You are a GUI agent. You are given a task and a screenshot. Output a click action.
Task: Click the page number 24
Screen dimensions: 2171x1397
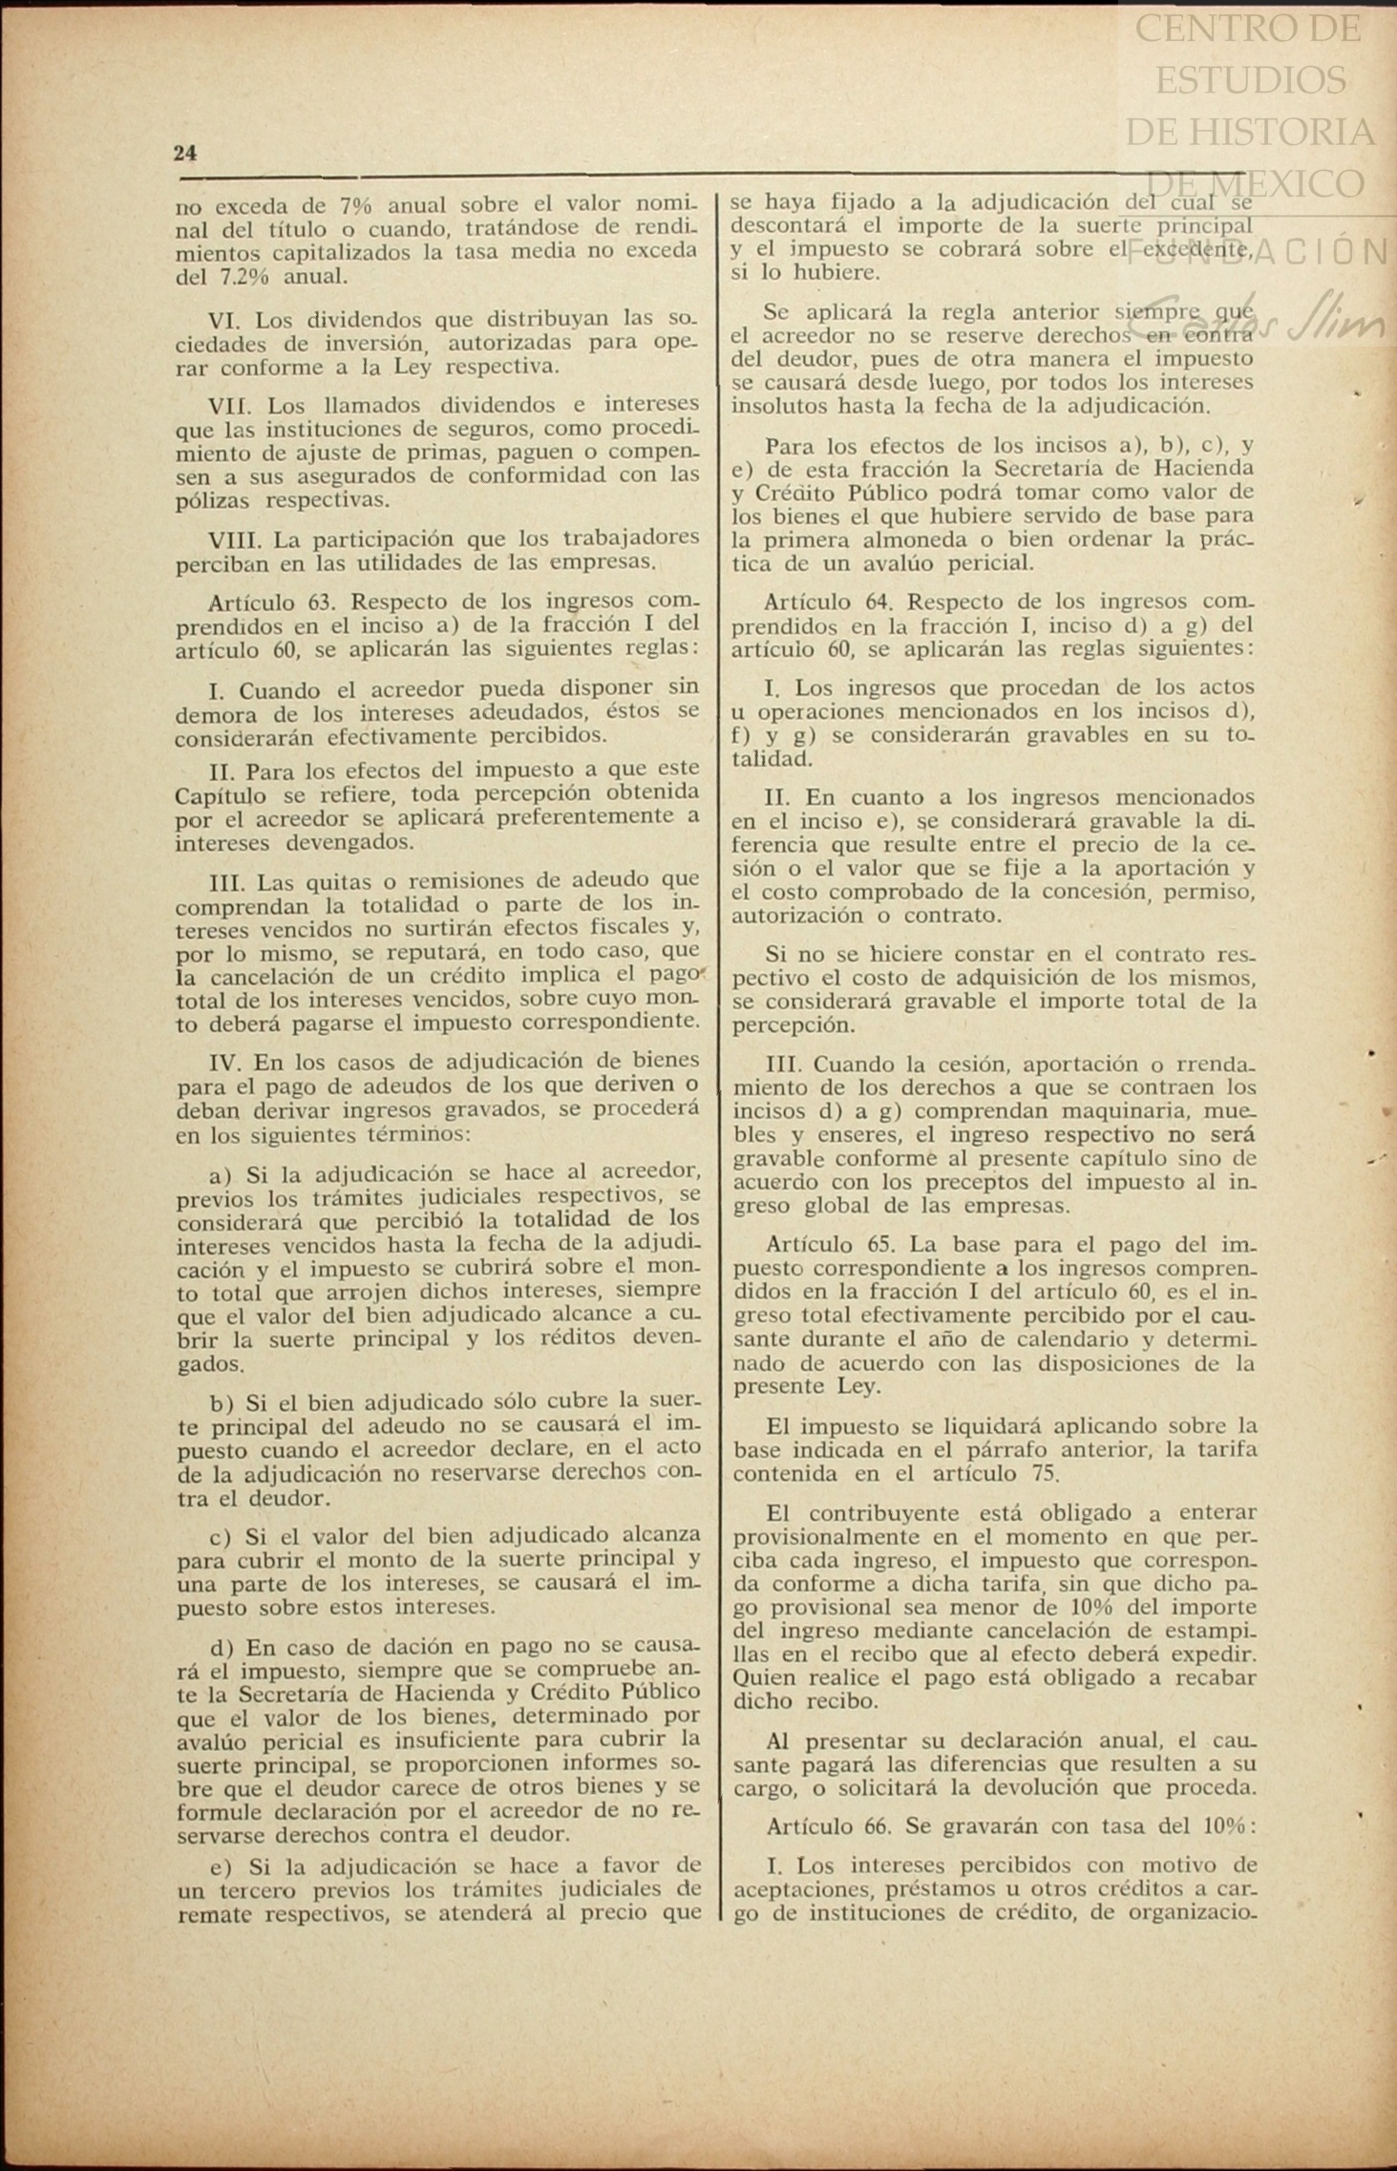point(185,153)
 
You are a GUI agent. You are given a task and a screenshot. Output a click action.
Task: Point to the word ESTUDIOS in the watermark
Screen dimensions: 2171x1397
point(1250,80)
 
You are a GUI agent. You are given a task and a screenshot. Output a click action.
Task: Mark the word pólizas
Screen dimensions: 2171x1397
point(213,500)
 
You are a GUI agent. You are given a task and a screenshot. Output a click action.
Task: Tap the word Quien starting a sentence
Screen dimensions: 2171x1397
point(761,1677)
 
